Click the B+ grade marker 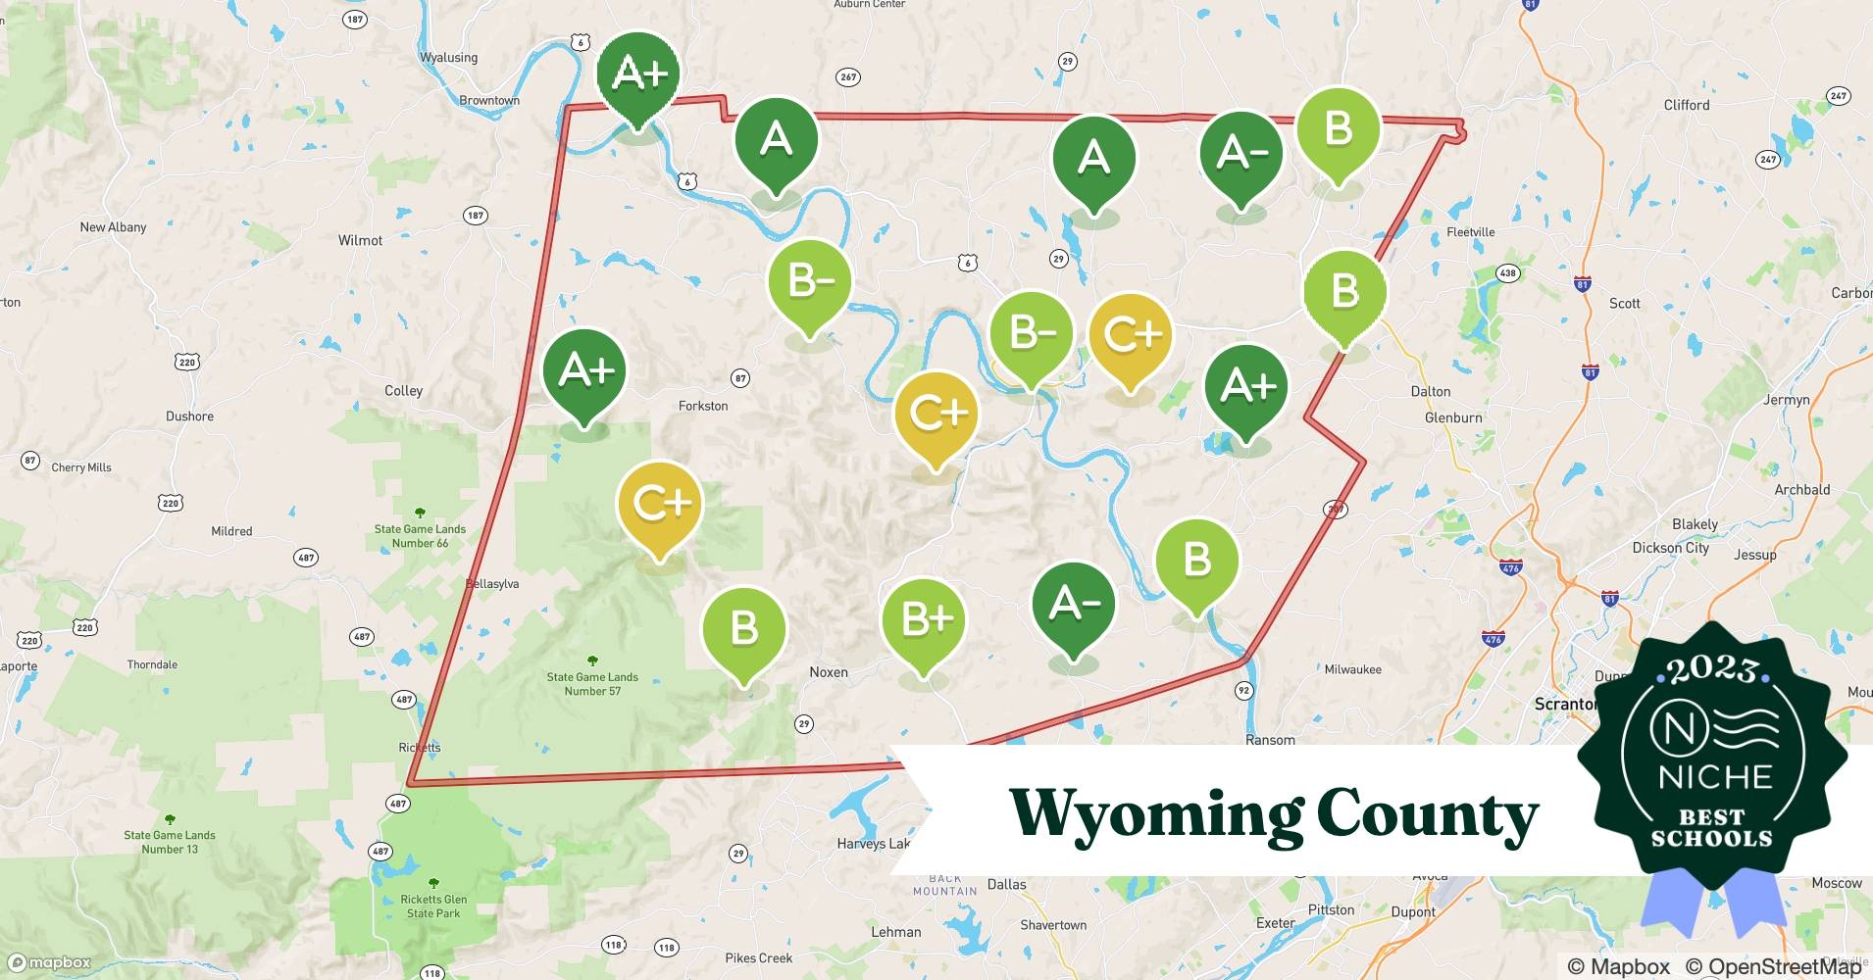(x=923, y=619)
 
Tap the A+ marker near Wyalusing (x=638, y=73)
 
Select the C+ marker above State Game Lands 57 (x=660, y=504)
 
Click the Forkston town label (x=703, y=406)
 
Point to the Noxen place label (x=829, y=672)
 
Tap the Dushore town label (x=189, y=416)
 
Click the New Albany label (x=113, y=227)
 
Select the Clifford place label (x=1687, y=105)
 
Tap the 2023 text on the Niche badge (x=1711, y=669)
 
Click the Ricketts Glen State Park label (x=433, y=906)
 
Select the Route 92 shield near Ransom (x=1243, y=691)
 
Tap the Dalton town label (x=1431, y=391)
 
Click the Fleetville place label (x=1470, y=232)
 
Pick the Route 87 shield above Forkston (x=740, y=378)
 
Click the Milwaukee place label (x=1352, y=669)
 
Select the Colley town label (x=403, y=390)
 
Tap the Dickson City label (x=1670, y=548)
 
